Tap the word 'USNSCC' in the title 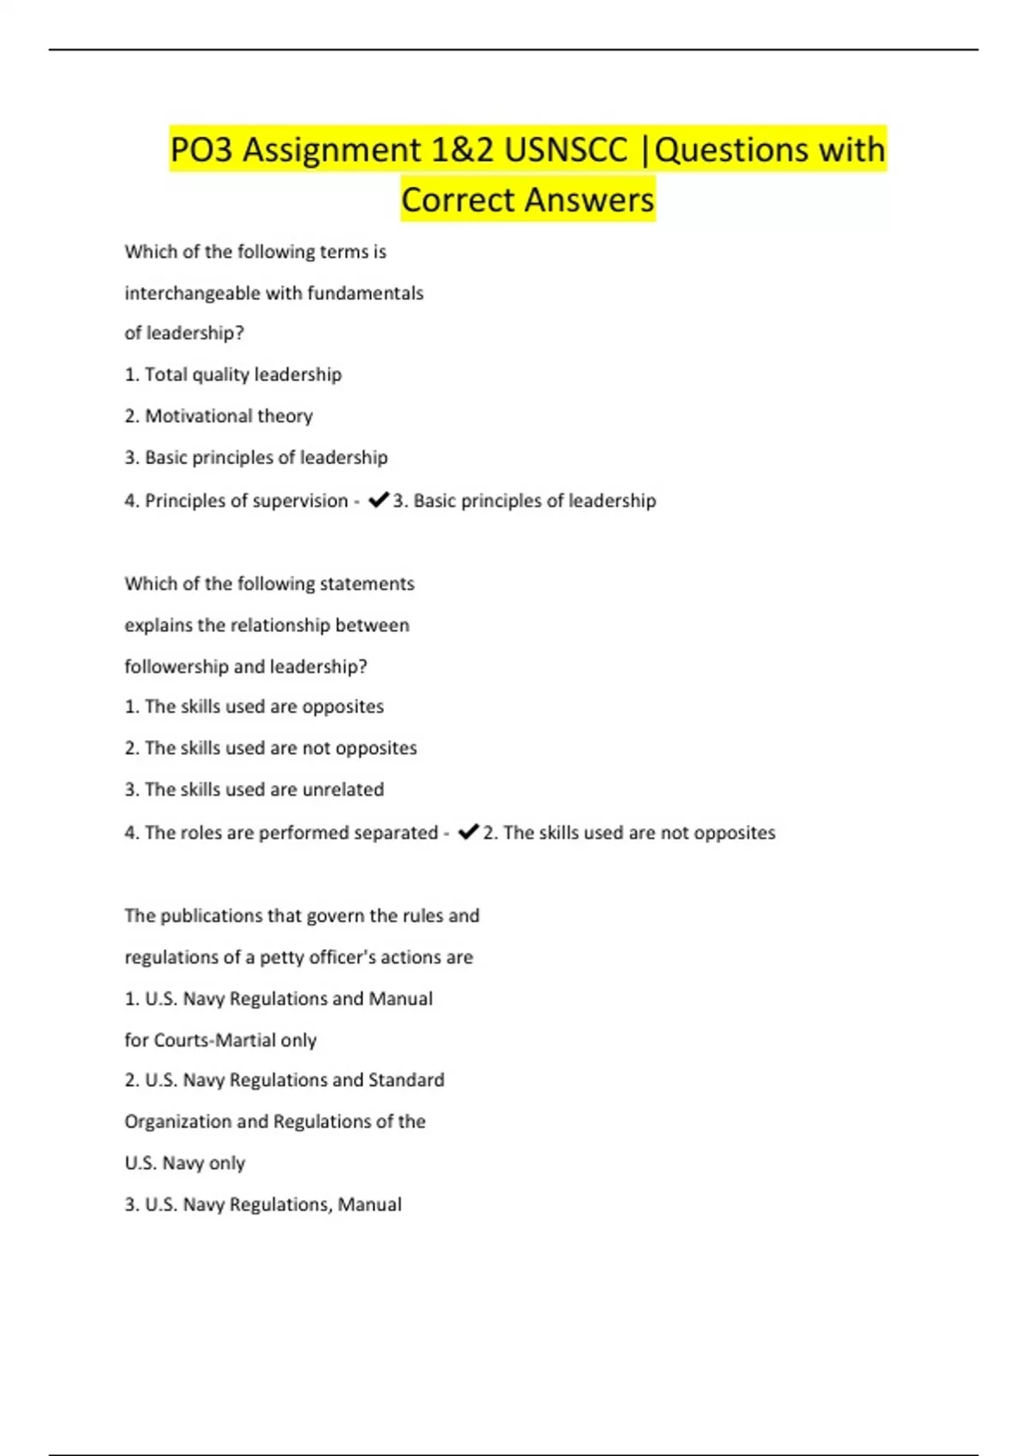click(565, 150)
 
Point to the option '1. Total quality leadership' click(233, 374)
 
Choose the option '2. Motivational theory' click(218, 416)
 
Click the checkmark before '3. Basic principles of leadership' click(378, 500)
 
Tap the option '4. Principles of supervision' click(236, 500)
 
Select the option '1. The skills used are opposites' click(254, 707)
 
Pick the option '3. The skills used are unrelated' click(254, 790)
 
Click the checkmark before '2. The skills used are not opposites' click(468, 832)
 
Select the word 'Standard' click(406, 1080)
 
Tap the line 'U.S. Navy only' click(185, 1163)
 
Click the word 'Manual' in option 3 click(369, 1205)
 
